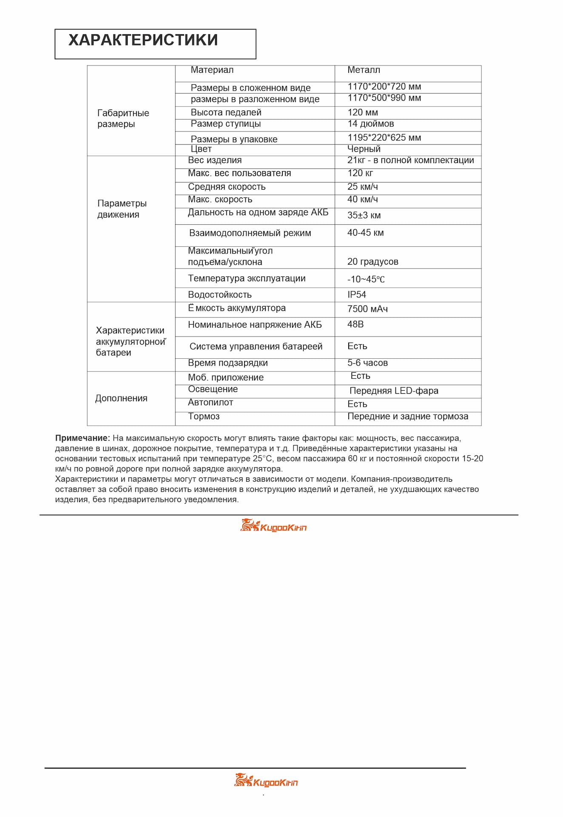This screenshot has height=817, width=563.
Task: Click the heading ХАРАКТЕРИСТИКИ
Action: [143, 40]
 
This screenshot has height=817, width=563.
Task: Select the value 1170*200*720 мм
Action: [384, 87]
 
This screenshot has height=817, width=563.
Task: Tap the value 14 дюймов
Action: [370, 124]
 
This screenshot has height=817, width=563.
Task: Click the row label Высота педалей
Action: [226, 113]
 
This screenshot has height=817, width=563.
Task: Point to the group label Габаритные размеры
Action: [123, 119]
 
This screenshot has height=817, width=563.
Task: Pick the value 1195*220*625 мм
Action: [384, 138]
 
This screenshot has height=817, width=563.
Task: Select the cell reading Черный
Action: [364, 149]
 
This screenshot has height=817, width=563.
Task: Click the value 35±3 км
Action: [364, 215]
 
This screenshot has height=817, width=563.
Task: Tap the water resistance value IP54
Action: [356, 295]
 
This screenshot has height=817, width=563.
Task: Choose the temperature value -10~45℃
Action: [366, 280]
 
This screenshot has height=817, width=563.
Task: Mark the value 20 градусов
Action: [372, 262]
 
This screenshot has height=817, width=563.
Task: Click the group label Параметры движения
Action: [122, 209]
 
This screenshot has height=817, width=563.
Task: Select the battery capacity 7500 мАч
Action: [367, 309]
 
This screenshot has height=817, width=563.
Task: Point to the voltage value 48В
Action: [355, 325]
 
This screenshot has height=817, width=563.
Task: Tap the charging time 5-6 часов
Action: [367, 363]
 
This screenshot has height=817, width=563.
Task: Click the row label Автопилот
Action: [210, 403]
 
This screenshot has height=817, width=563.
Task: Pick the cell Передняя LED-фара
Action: [394, 391]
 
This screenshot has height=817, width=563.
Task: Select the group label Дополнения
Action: [121, 399]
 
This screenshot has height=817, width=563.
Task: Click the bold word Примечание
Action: [82, 438]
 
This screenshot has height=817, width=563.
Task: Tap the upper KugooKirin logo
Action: [273, 526]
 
